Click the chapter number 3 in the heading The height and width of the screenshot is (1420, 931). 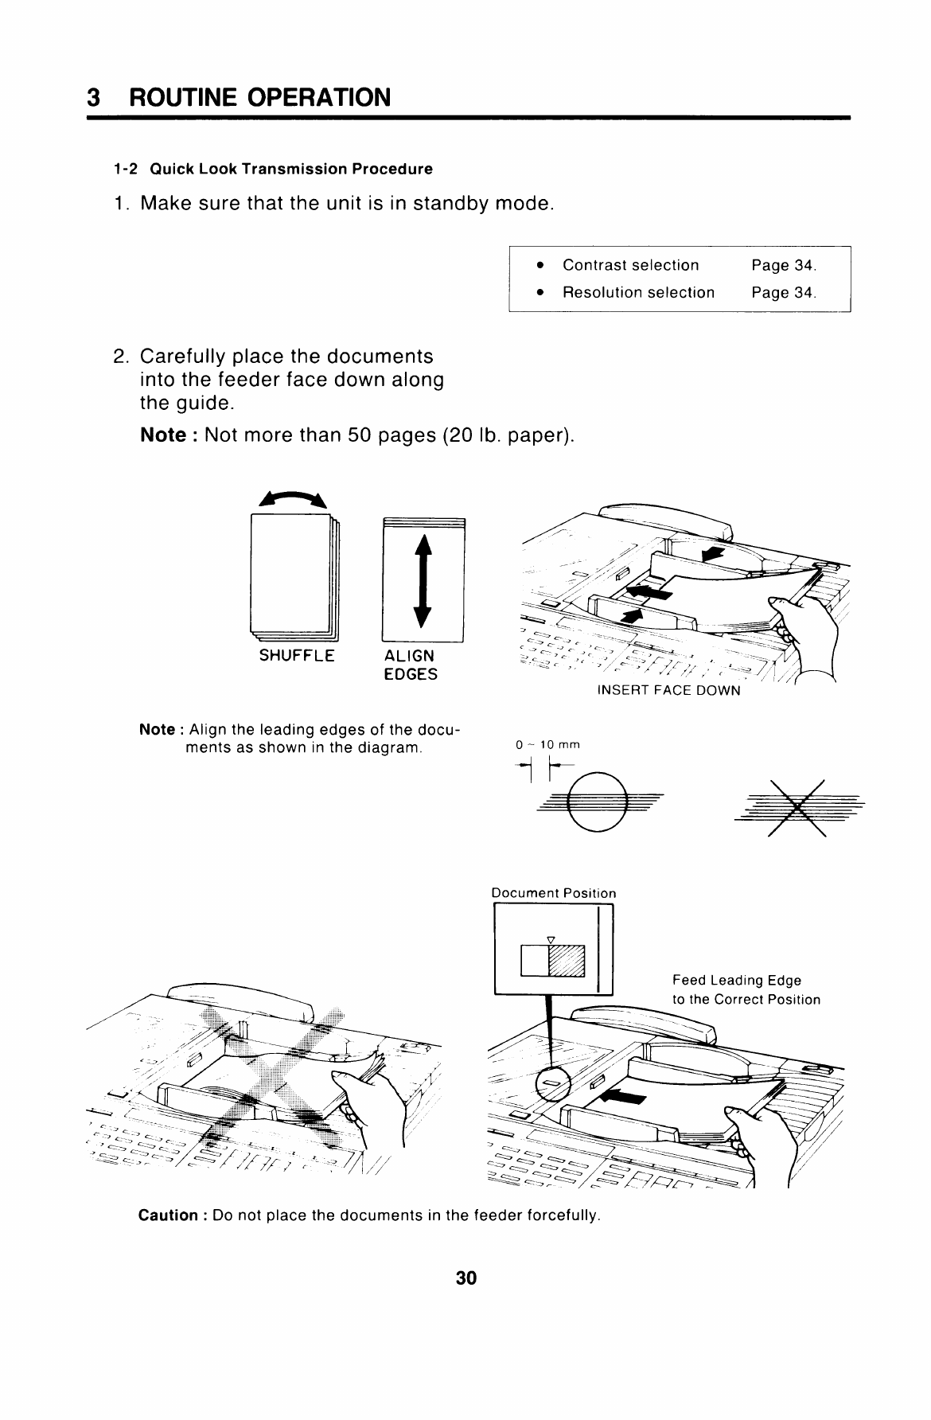(x=94, y=98)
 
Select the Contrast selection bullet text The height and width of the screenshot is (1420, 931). (x=630, y=265)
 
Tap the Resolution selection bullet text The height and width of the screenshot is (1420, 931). (x=638, y=292)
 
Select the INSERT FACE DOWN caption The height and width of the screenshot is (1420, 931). (x=668, y=690)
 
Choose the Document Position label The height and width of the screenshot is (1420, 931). (x=554, y=893)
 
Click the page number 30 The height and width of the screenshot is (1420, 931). (x=465, y=1278)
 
